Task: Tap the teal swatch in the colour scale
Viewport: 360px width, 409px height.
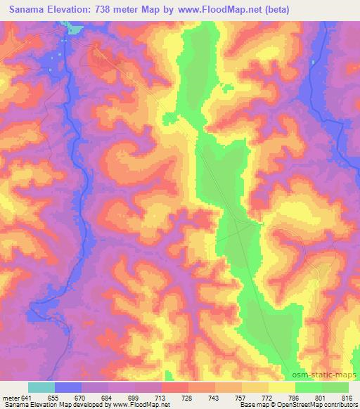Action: (x=41, y=387)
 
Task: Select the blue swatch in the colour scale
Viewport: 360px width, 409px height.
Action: (x=68, y=387)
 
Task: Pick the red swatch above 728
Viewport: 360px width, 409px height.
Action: (x=175, y=387)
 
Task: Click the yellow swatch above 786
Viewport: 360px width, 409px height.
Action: (x=282, y=387)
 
